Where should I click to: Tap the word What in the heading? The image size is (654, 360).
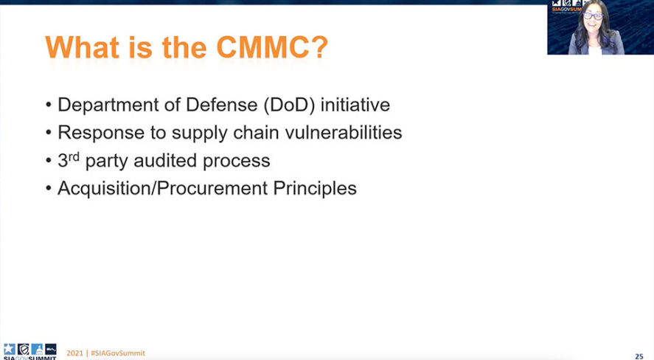(82, 47)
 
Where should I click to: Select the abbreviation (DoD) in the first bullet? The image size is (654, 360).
(288, 105)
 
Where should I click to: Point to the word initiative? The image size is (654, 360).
(355, 104)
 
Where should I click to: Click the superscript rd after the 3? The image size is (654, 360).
(74, 156)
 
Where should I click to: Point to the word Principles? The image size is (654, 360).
(315, 189)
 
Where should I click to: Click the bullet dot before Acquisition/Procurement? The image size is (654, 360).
(49, 189)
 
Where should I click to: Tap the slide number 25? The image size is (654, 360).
(639, 356)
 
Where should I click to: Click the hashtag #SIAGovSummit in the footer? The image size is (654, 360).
(118, 353)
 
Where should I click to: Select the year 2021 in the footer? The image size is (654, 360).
(74, 353)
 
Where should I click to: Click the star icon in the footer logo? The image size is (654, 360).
(9, 349)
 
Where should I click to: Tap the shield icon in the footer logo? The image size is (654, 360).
(24, 349)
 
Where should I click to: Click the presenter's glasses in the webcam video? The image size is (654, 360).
(593, 16)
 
